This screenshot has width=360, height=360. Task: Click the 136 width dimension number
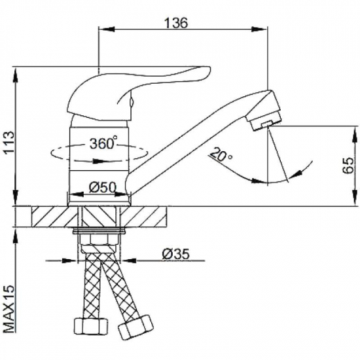176,23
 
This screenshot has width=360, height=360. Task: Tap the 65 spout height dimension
348,166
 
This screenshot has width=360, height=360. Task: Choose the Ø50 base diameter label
102,188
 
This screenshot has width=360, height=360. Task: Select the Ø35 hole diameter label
176,255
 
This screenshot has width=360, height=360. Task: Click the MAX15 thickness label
9,309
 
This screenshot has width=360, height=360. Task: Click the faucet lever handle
137,92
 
